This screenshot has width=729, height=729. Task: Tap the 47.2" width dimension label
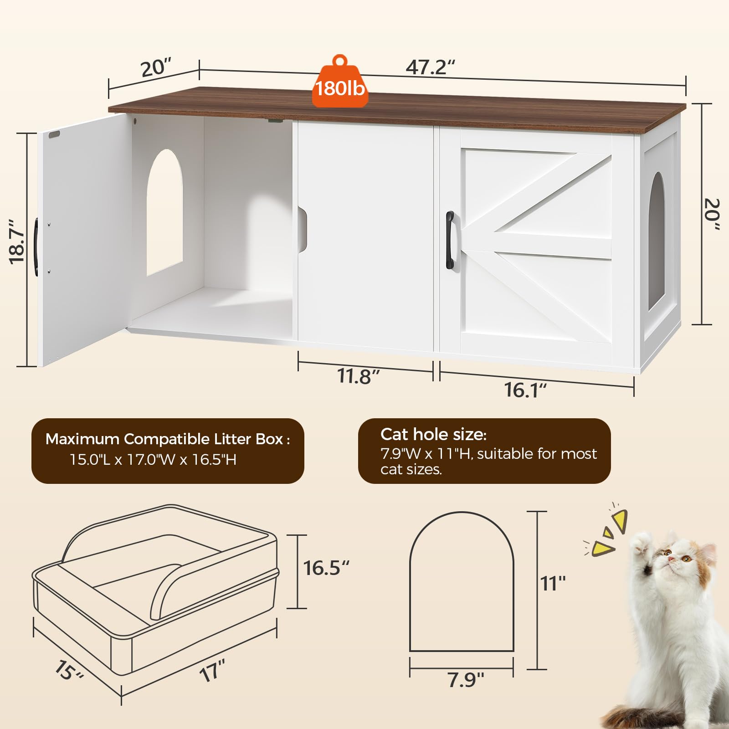[x=430, y=67]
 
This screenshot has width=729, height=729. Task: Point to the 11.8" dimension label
[x=358, y=376]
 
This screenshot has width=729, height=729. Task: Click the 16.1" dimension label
[x=525, y=390]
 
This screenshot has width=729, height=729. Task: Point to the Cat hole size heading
[x=433, y=434]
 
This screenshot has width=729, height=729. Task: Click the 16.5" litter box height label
[x=326, y=568]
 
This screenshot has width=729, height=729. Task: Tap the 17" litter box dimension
[x=212, y=671]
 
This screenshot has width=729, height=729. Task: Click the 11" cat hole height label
[x=553, y=583]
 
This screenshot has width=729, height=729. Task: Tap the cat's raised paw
[x=642, y=543]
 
